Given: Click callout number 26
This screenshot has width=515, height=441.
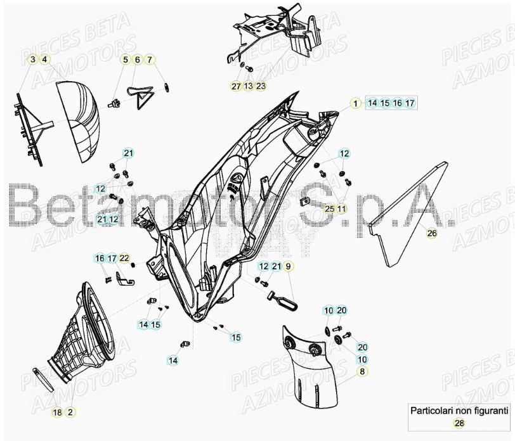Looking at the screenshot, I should pos(432,233).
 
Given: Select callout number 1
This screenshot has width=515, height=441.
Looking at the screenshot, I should pos(356,103).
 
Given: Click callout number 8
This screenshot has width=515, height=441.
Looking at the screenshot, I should pos(362,371).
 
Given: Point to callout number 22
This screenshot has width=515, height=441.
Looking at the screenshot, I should pos(124,258).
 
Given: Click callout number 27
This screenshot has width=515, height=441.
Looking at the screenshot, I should pos(236,86).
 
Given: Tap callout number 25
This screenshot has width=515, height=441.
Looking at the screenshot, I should pos(329,208).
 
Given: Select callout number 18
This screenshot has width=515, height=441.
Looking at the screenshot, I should pos(57,412).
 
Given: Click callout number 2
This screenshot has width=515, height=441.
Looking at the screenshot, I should pos(70,412).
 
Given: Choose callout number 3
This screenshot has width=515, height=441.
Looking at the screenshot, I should pos(32,60).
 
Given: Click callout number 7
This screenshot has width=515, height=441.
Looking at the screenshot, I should pos(150,60).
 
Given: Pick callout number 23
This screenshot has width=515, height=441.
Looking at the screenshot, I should pos(261,86).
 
